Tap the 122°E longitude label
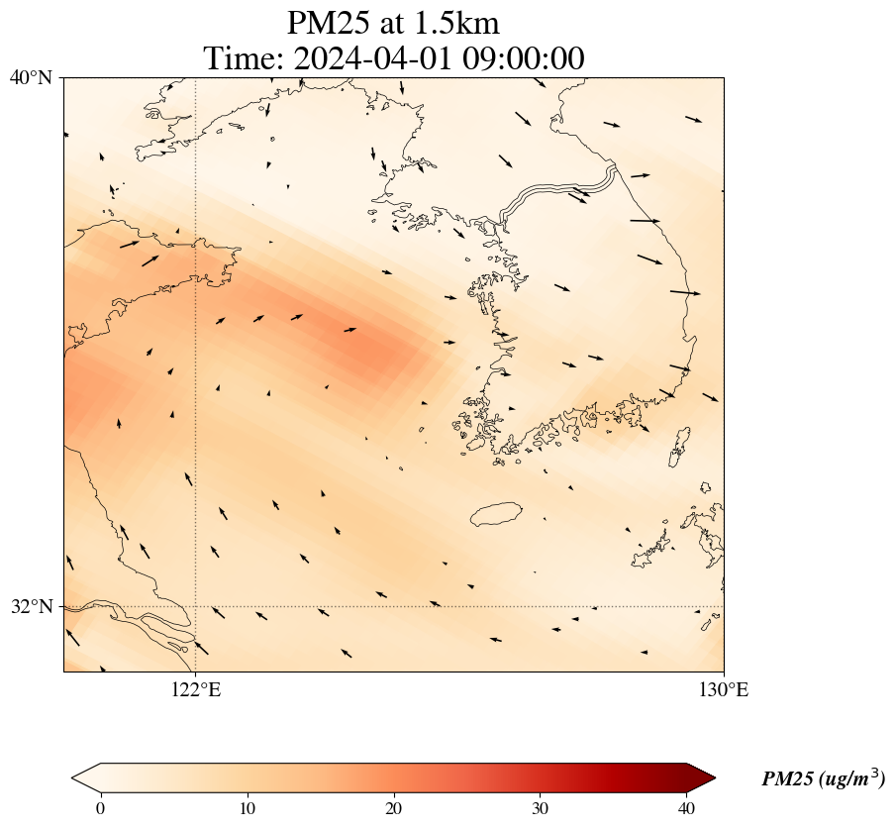click(x=196, y=689)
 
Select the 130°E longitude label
click(x=724, y=689)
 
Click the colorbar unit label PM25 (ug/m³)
click(x=823, y=779)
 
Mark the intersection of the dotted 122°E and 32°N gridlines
click(x=196, y=606)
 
